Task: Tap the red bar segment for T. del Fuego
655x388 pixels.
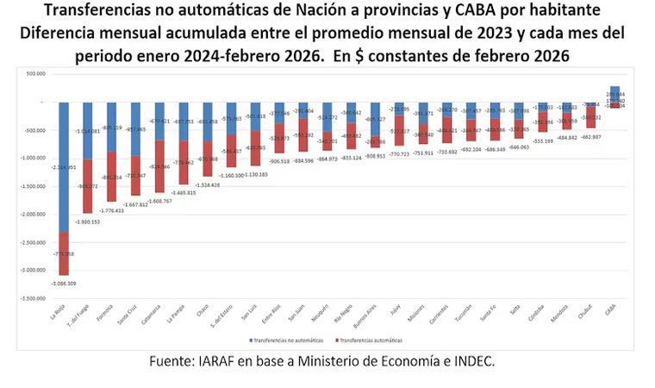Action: click(x=87, y=185)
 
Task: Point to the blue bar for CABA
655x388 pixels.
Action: click(x=614, y=94)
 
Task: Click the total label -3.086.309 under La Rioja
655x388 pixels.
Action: click(x=65, y=283)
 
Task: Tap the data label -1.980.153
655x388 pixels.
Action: click(x=88, y=222)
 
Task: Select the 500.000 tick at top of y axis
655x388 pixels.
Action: click(x=35, y=73)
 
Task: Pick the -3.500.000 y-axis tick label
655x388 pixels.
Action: click(x=31, y=298)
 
